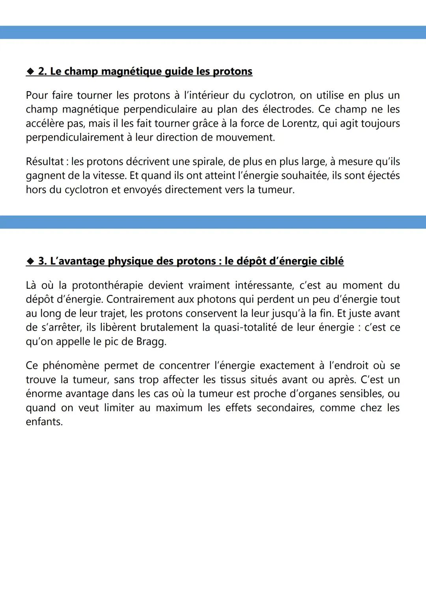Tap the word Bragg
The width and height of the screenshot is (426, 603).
151,342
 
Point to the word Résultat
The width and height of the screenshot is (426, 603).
45,162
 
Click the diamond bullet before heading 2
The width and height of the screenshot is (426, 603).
30,71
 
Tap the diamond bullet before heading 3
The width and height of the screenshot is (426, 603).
30,261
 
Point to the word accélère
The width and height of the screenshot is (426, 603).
45,124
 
